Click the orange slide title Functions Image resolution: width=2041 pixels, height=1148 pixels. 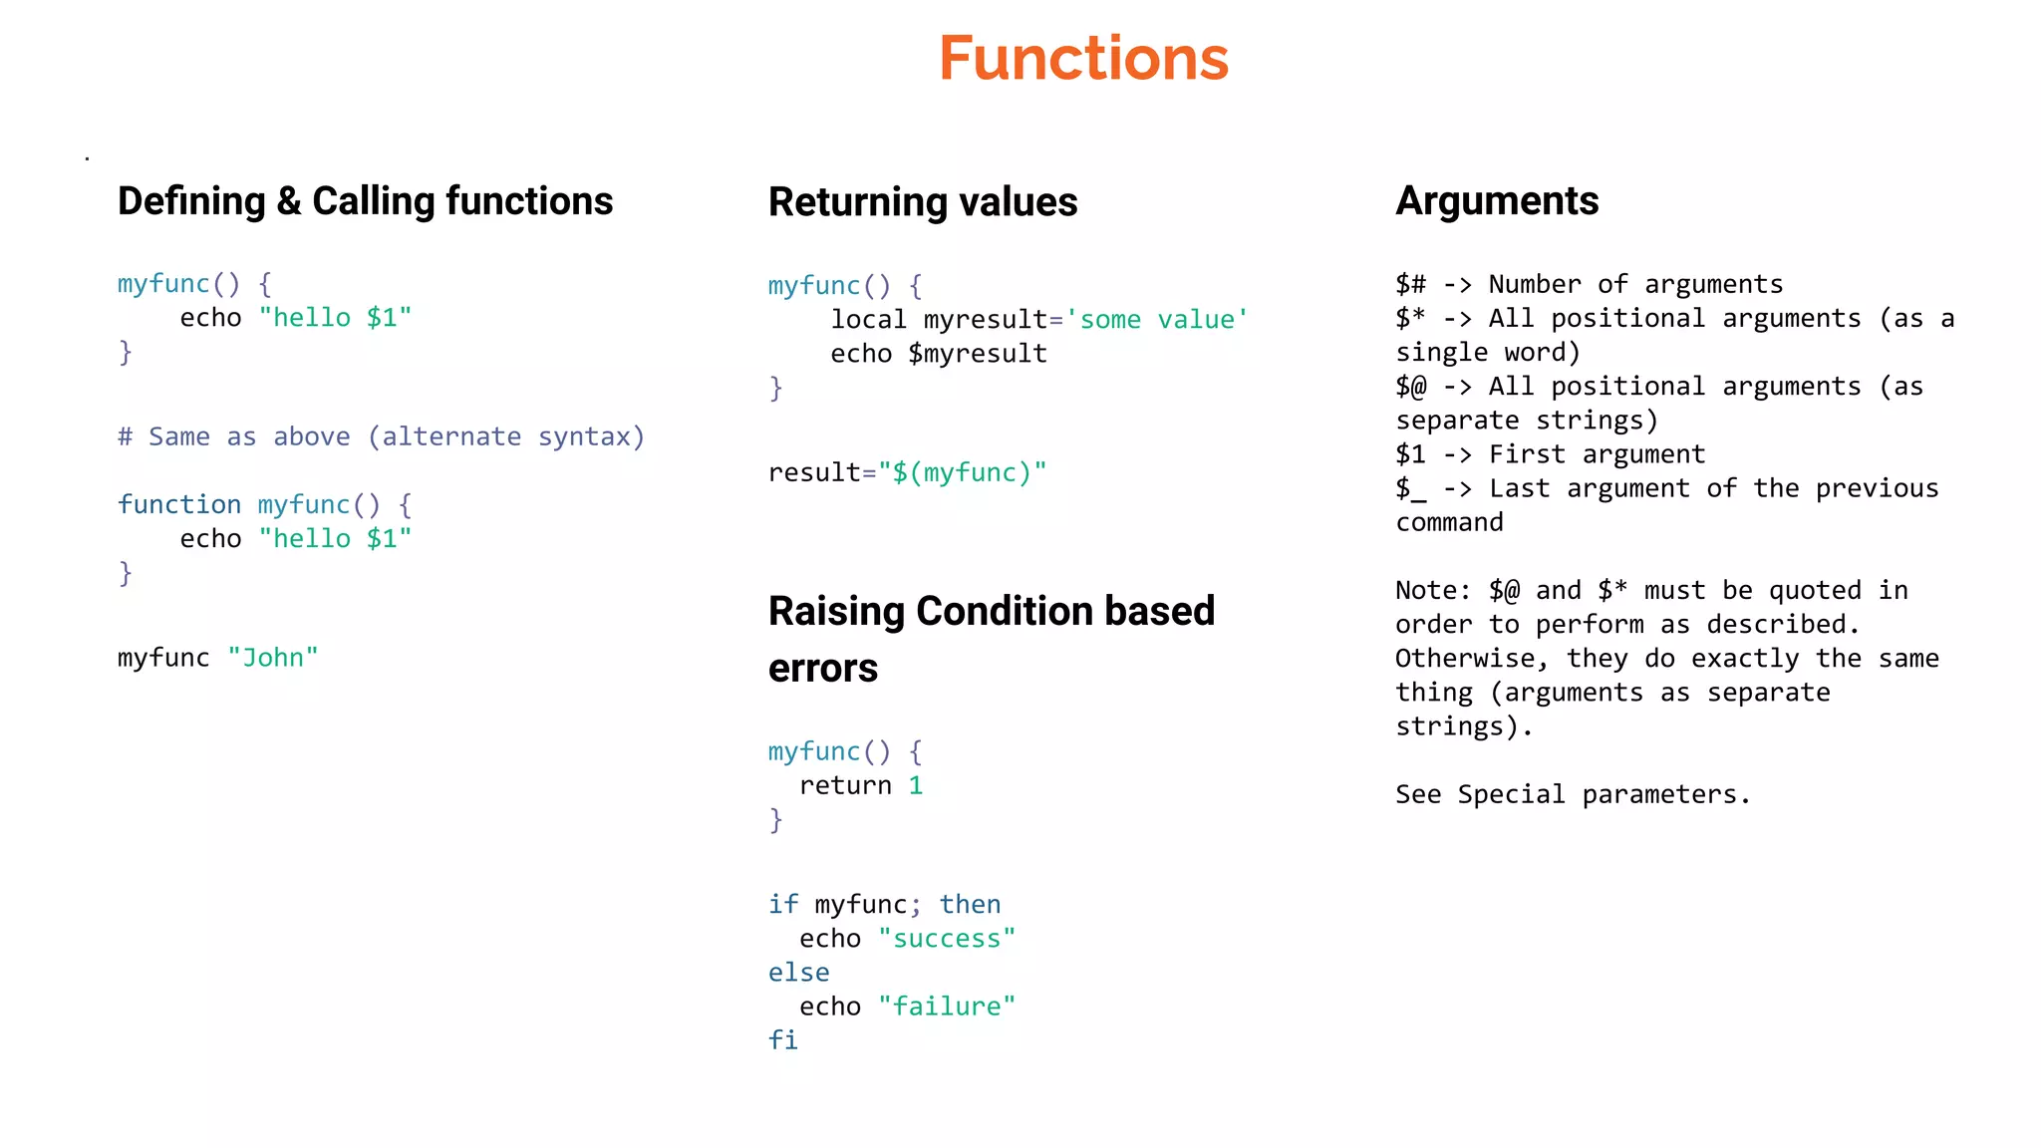point(1083,58)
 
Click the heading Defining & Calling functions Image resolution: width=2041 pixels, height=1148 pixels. point(365,201)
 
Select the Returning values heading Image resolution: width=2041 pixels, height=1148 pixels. point(922,202)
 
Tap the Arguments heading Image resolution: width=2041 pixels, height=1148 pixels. point(1496,201)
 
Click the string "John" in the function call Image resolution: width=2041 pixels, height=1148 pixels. point(272,658)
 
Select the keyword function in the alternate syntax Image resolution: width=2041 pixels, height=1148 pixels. point(179,504)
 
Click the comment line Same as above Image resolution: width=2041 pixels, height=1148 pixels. point(381,436)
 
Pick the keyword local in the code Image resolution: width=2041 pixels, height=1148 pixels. point(868,320)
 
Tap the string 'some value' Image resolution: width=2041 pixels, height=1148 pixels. point(1156,320)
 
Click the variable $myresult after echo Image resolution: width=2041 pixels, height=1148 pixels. point(977,354)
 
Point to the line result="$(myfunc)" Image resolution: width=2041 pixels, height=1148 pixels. point(907,472)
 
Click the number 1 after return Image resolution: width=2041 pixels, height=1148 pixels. point(915,785)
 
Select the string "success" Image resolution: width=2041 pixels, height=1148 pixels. point(946,939)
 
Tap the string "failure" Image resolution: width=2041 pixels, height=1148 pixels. point(946,1006)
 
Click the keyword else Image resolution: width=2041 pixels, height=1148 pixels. point(798,973)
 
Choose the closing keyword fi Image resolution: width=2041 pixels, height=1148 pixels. point(782,1040)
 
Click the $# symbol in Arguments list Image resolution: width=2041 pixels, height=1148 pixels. point(1410,285)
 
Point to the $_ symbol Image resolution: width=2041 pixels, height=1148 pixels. point(1410,489)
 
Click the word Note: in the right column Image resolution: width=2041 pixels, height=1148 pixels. point(1433,591)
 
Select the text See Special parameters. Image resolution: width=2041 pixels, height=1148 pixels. point(1572,794)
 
